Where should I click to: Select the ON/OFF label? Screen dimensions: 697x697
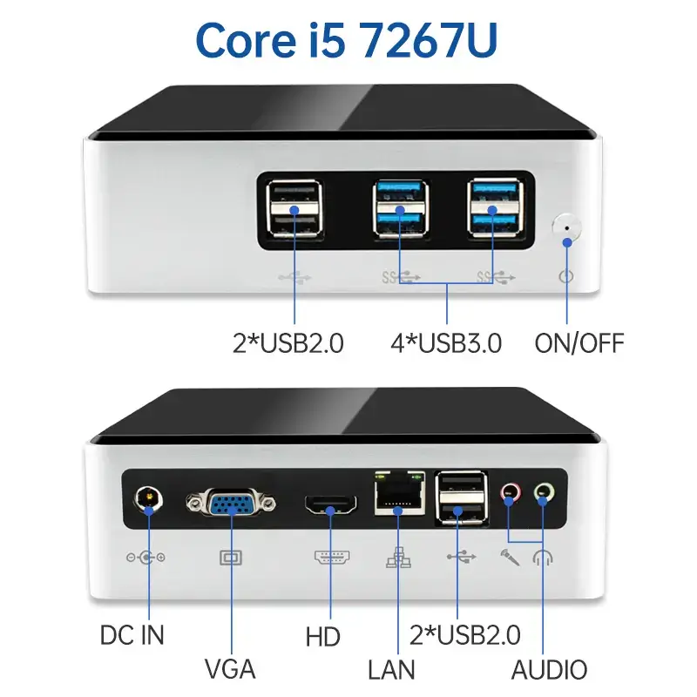[x=579, y=343]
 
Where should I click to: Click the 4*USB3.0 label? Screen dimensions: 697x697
[x=446, y=343]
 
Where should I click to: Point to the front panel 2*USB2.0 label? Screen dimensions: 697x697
[x=288, y=343]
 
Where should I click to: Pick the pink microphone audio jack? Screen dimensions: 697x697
[x=510, y=494]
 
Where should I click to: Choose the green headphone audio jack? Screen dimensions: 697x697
[x=544, y=494]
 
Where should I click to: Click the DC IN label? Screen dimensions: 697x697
[x=132, y=633]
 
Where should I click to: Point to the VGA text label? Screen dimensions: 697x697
[x=230, y=669]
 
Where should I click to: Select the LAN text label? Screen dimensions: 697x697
[x=391, y=669]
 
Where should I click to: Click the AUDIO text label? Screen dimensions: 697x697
[x=549, y=669]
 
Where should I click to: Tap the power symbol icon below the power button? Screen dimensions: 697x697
[x=567, y=276]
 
